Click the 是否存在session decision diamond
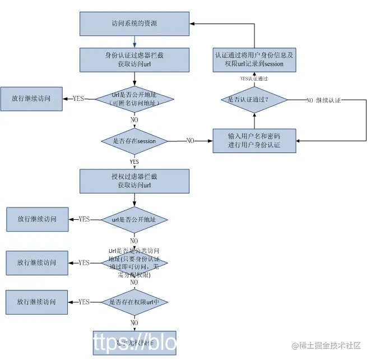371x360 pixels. [135, 141]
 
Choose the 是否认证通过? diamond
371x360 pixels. [254, 100]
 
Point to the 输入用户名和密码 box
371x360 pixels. [254, 141]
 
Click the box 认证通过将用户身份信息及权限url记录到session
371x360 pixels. [254, 59]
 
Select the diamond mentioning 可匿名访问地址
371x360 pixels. [135, 99]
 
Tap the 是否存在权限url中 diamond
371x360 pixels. [135, 302]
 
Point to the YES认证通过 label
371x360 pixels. [254, 79]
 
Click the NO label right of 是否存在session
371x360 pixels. [190, 141]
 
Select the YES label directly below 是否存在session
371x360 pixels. [135, 161]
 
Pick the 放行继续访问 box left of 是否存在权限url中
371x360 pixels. [37, 302]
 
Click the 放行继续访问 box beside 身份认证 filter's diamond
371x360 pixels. [31, 98]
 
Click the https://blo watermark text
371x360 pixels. [135, 343]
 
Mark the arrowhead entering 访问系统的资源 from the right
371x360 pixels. [192, 24]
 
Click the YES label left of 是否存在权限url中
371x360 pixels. [84, 302]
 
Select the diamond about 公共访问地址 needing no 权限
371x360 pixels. [135, 262]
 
